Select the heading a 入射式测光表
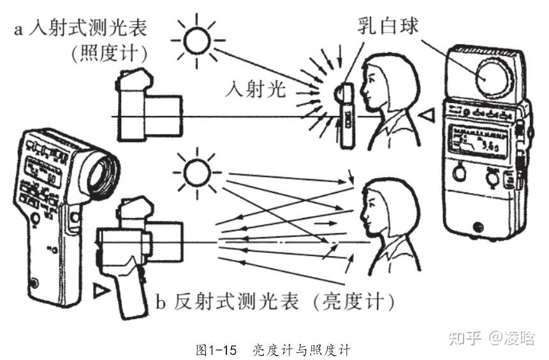click(89, 29)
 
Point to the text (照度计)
click(110, 54)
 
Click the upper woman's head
click(389, 83)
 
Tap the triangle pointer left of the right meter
click(428, 115)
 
